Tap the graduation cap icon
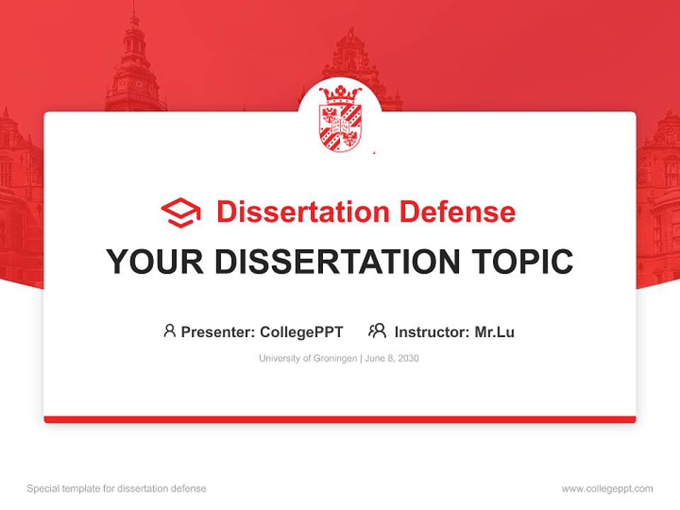click(x=181, y=212)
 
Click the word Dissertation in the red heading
click(x=303, y=212)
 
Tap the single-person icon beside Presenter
click(x=169, y=330)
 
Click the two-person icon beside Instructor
click(x=378, y=330)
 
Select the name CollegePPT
click(x=302, y=331)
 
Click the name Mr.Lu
click(x=494, y=331)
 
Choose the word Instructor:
click(x=432, y=331)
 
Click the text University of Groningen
click(x=308, y=358)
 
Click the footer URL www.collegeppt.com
click(x=607, y=489)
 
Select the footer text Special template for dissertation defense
click(x=116, y=489)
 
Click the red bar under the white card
click(x=340, y=419)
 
